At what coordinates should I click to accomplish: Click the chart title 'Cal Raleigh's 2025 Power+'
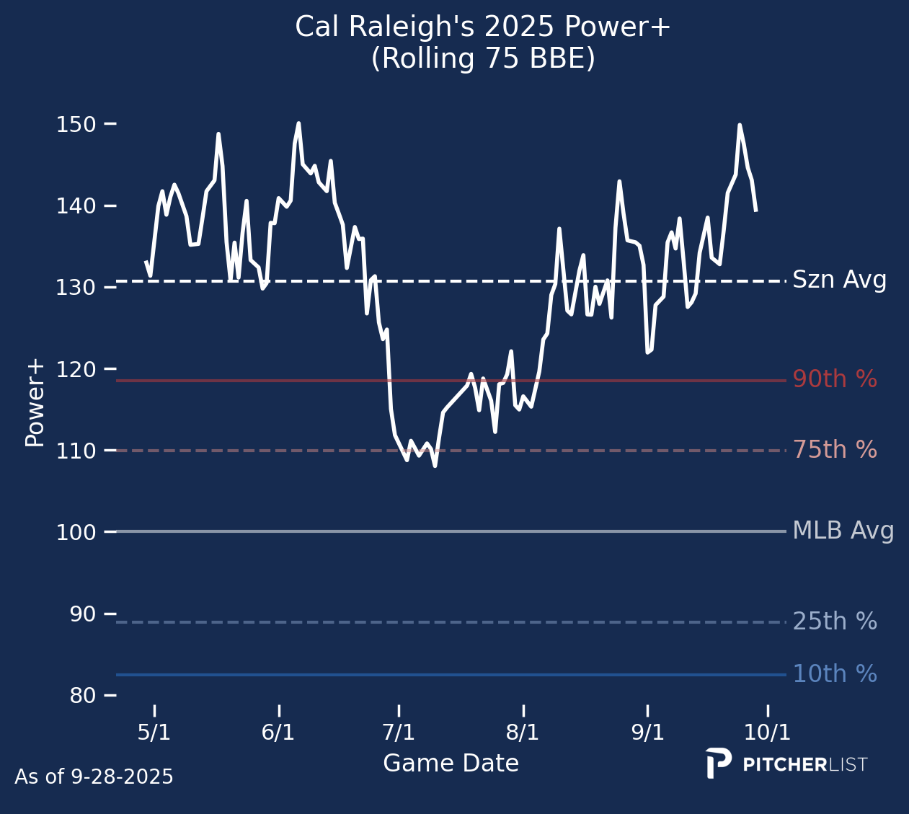pyautogui.click(x=483, y=27)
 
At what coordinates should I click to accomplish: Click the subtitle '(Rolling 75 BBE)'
pyautogui.click(x=483, y=59)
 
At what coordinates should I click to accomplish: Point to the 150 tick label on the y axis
pyautogui.click(x=76, y=125)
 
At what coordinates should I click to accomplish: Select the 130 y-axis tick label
pyautogui.click(x=76, y=288)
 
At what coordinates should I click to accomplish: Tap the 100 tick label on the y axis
pyautogui.click(x=76, y=532)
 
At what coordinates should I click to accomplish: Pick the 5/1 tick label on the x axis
pyautogui.click(x=154, y=733)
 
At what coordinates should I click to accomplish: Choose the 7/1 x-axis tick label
pyautogui.click(x=399, y=733)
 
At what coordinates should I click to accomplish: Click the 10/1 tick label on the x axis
pyautogui.click(x=767, y=733)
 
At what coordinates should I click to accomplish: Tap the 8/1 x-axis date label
pyautogui.click(x=523, y=733)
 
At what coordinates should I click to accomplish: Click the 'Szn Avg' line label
pyautogui.click(x=839, y=280)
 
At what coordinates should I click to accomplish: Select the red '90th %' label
pyautogui.click(x=835, y=379)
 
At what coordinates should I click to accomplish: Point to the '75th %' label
pyautogui.click(x=835, y=450)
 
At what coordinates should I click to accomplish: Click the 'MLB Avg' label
pyautogui.click(x=843, y=531)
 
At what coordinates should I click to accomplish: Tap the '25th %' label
pyautogui.click(x=835, y=621)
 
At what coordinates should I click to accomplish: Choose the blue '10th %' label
pyautogui.click(x=835, y=674)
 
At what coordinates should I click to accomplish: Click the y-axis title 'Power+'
pyautogui.click(x=35, y=404)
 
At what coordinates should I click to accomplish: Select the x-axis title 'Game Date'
pyautogui.click(x=451, y=764)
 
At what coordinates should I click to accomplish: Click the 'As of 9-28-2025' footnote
pyautogui.click(x=94, y=777)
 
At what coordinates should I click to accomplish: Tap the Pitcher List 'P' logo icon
pyautogui.click(x=718, y=764)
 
